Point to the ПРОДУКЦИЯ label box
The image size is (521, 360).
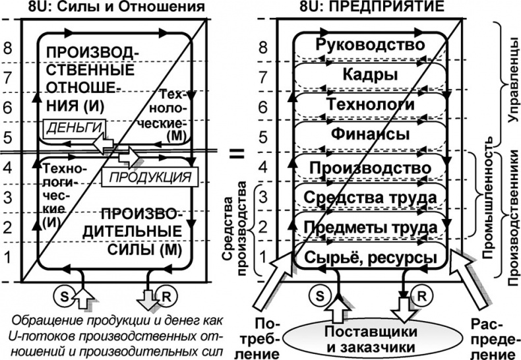click(x=150, y=177)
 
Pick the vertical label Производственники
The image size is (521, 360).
click(x=510, y=218)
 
